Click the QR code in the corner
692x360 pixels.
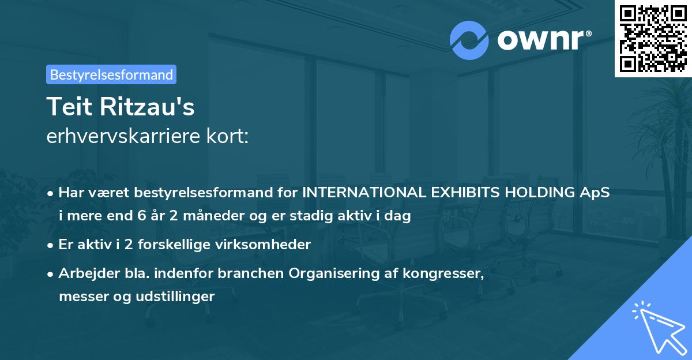pyautogui.click(x=653, y=38)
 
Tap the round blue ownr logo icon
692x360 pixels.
pyautogui.click(x=469, y=40)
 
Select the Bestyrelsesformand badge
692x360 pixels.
pyautogui.click(x=111, y=74)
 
